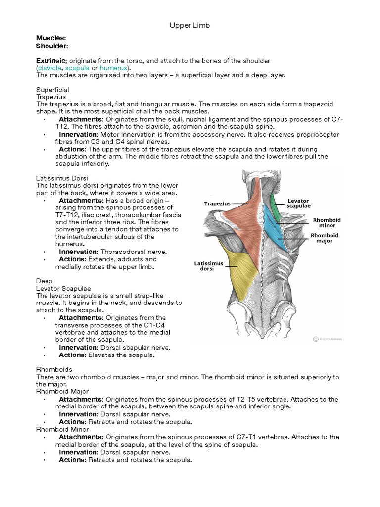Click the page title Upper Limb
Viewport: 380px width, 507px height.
coord(190,26)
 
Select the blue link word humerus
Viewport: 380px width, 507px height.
coord(113,68)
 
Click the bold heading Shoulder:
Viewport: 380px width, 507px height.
coord(52,46)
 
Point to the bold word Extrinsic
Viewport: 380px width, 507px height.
coord(50,60)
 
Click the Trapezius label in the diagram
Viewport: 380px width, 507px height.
coord(218,203)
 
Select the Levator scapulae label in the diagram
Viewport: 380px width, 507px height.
coord(299,203)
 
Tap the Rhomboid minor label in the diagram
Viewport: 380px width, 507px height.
coord(327,222)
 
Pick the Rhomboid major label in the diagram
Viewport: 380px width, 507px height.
coord(325,238)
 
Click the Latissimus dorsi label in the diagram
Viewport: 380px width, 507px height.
coord(208,266)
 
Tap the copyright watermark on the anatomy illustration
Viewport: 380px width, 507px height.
coord(328,339)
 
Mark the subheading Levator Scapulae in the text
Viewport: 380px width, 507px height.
coord(63,288)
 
